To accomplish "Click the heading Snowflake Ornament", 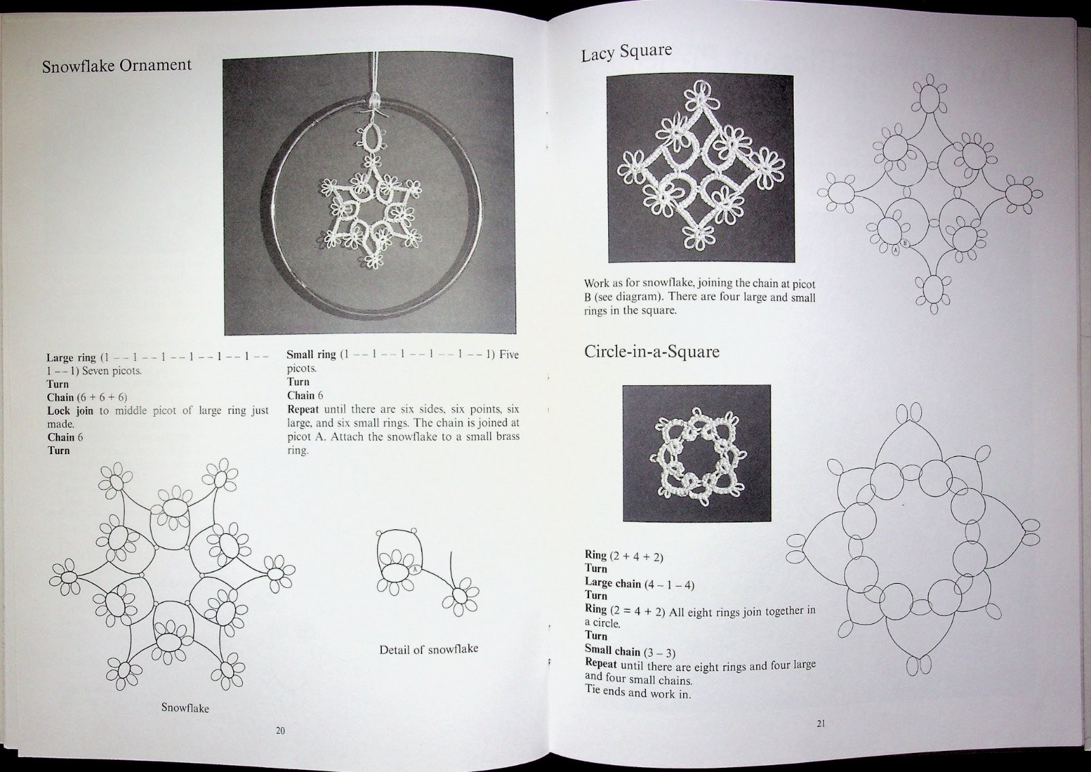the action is click(117, 65).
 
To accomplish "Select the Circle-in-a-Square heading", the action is click(652, 351).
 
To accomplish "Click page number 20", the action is click(280, 730).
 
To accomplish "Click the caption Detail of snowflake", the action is click(429, 649).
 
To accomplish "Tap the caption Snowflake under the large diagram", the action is click(185, 708).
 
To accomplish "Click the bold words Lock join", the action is click(70, 411).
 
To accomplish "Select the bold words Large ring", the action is click(71, 358).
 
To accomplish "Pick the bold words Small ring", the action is click(311, 355).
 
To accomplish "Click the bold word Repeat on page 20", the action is click(303, 409).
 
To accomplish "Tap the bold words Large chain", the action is click(613, 583).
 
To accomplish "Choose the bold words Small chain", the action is click(612, 651).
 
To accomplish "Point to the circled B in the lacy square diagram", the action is click(905, 243).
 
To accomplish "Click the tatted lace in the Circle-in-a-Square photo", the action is click(696, 458).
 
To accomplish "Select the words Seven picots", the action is click(112, 371).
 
